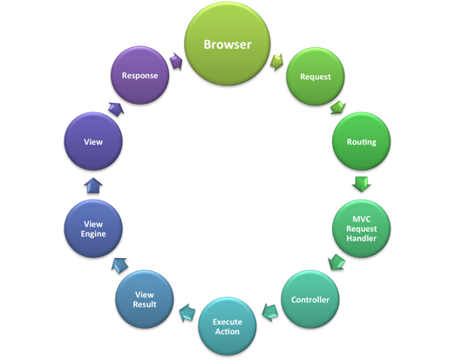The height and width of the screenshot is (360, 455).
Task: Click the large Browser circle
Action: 227,44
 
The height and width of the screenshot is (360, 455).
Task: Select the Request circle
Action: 316,77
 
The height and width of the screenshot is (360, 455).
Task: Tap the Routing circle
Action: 362,141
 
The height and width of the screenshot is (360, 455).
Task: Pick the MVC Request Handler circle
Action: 362,228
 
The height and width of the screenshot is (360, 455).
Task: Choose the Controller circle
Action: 310,300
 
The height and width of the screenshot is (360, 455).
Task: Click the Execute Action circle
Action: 227,326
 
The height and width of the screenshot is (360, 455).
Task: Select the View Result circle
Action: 145,299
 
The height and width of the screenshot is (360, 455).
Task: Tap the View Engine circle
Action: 93,228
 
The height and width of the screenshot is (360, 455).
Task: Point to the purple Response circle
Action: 139,75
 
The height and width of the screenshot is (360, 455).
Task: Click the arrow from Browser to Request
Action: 276,62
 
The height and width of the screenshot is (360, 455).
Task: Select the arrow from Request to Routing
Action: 338,107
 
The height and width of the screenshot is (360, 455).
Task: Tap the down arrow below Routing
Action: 362,184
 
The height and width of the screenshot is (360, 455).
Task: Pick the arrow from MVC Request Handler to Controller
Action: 336,262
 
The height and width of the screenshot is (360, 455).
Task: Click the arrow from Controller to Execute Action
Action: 270,313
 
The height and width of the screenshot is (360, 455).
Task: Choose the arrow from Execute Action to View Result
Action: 187,313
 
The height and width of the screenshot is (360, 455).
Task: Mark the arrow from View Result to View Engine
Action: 119,265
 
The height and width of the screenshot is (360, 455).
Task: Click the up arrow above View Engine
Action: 93,186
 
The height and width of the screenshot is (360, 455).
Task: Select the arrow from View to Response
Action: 116,109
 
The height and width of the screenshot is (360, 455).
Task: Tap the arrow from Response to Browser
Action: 176,61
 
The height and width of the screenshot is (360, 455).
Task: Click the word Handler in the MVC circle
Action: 362,239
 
